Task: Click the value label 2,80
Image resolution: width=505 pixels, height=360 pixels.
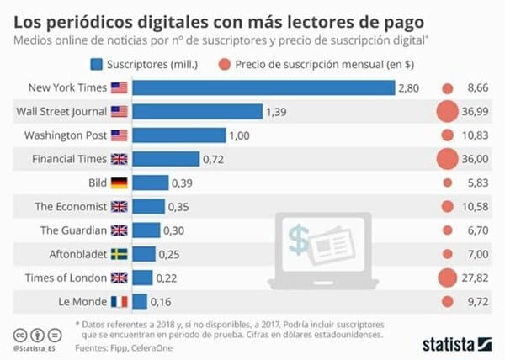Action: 408,87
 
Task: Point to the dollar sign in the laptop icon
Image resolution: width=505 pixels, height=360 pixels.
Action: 298,239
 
